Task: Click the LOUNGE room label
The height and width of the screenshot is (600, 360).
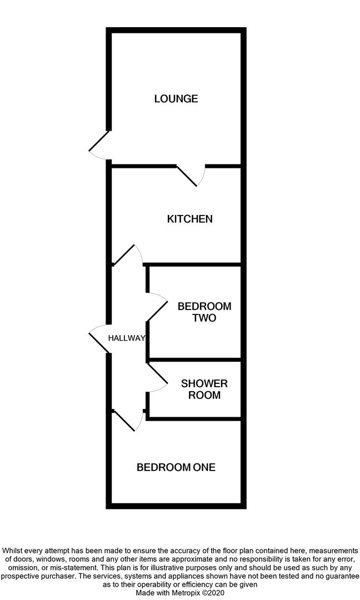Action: pos(176,99)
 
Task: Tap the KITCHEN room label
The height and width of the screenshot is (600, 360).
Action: pos(189,219)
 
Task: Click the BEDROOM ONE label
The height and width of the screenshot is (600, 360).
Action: pos(176,467)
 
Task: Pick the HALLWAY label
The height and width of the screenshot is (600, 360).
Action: pos(127,338)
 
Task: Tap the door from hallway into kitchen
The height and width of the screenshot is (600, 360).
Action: pos(127,254)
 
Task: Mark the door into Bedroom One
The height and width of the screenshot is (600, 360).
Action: pos(127,421)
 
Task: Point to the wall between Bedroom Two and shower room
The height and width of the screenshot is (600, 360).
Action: pos(194,359)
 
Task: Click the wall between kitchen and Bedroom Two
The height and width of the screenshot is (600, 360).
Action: pos(194,264)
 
